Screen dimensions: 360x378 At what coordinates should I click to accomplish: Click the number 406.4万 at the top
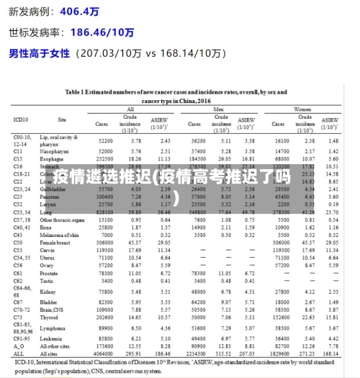click(79, 12)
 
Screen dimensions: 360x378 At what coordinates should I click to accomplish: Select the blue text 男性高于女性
click(39, 53)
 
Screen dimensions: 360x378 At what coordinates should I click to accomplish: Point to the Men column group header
click(220, 109)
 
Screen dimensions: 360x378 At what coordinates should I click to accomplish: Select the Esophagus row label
click(55, 158)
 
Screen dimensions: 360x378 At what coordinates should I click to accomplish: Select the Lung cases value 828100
click(105, 212)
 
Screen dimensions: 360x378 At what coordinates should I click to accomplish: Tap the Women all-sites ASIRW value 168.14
click(332, 354)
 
